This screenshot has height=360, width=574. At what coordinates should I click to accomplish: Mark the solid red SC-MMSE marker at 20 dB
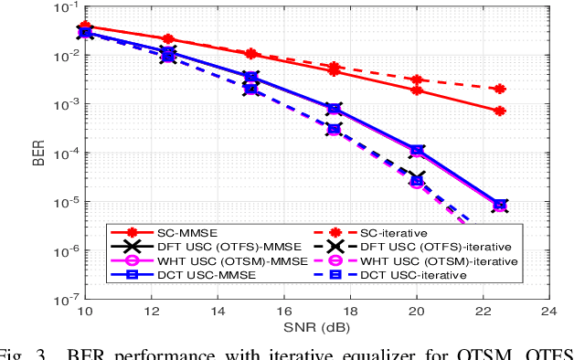pos(417,90)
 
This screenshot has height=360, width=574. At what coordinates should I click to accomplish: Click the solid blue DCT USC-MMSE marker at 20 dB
pos(417,150)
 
